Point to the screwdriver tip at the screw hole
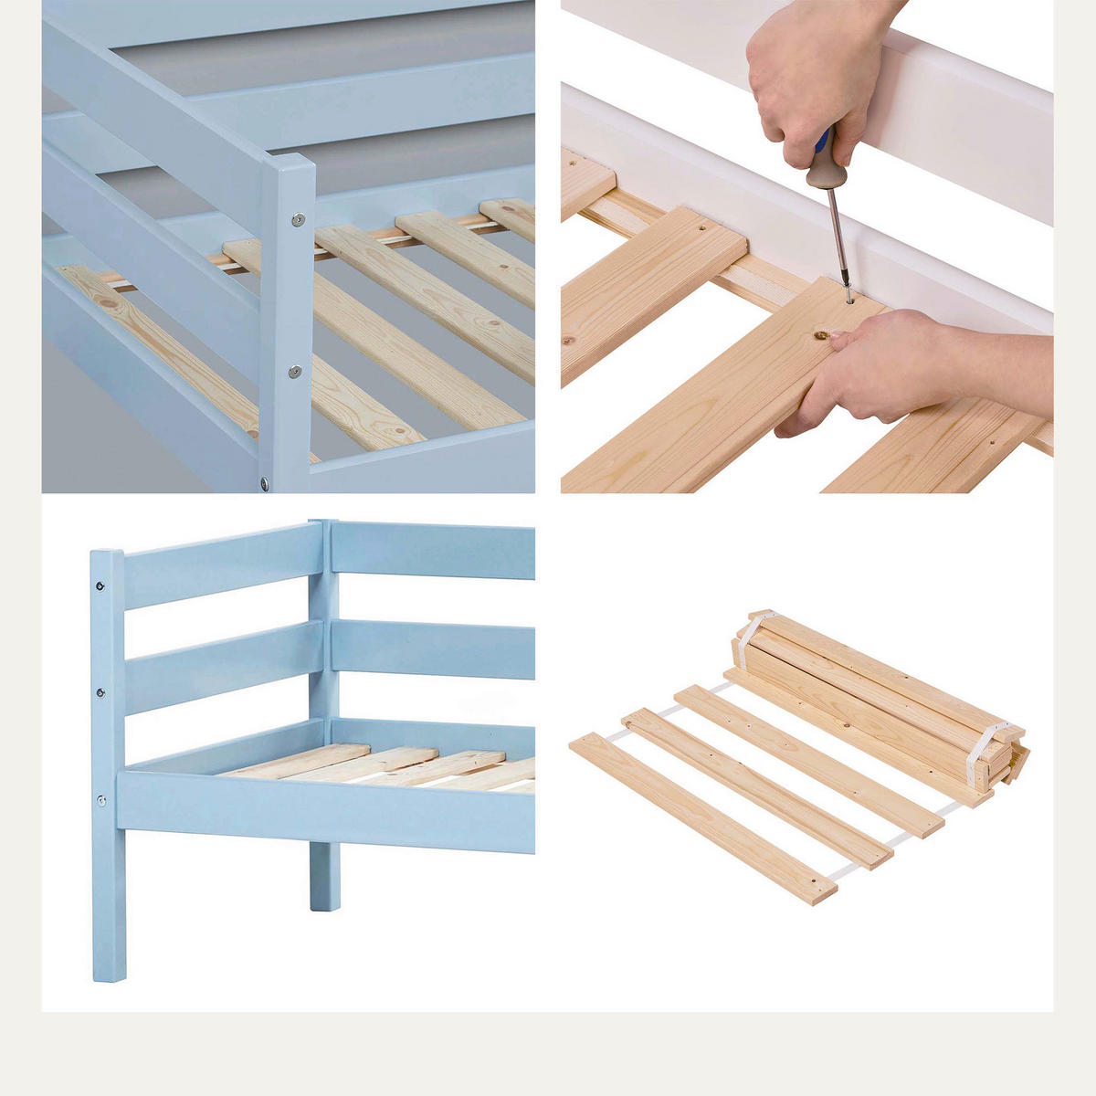click(849, 298)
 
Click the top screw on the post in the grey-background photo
click(298, 219)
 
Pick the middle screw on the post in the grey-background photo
click(294, 371)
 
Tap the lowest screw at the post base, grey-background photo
click(264, 483)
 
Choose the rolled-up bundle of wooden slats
click(877, 694)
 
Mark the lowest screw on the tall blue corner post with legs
click(101, 801)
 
